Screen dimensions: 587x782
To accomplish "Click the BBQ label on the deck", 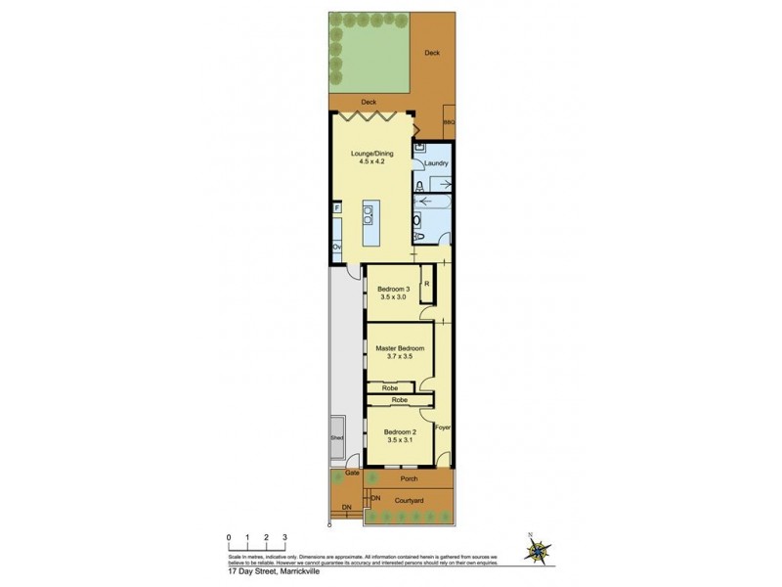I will [x=450, y=121].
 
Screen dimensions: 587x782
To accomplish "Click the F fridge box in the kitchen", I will [x=336, y=207].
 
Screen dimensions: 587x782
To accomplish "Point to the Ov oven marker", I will [x=335, y=248].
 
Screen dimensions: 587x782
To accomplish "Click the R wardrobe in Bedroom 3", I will [x=426, y=286].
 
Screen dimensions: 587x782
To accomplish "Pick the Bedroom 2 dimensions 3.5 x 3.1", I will [x=400, y=441].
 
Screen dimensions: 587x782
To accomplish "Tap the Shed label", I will [x=337, y=438].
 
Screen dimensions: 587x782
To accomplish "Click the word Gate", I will [x=352, y=474].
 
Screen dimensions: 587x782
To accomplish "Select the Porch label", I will [x=410, y=480].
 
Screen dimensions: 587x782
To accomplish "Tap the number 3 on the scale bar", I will [x=284, y=538].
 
